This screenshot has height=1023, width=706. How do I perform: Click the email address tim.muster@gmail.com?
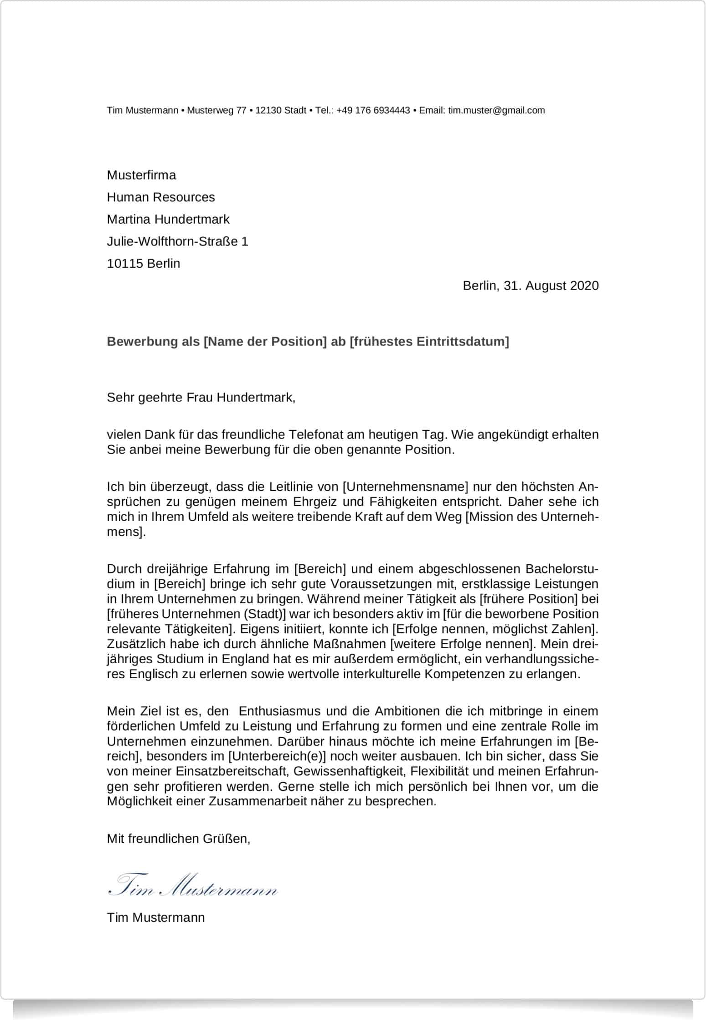tap(496, 110)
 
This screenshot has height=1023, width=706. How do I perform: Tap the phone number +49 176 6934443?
tap(373, 110)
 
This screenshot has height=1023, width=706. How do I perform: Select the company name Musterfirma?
tap(141, 175)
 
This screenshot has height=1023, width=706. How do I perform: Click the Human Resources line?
tap(160, 197)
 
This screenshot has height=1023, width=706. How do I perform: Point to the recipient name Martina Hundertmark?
tap(168, 219)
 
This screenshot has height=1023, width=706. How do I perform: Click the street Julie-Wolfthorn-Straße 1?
tap(177, 241)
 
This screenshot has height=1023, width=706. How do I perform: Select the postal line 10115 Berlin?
tap(144, 263)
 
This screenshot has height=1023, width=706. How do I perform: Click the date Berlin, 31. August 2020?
tap(531, 286)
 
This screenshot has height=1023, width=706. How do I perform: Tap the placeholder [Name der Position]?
tap(265, 341)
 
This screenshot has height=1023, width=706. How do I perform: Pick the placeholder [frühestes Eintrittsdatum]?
tap(429, 341)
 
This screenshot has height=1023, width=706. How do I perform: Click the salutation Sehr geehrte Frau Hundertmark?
tap(201, 398)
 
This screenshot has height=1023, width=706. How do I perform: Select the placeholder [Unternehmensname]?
tap(405, 486)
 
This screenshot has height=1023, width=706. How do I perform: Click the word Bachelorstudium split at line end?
tap(562, 569)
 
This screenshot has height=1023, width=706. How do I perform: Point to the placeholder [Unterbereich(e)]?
tap(277, 756)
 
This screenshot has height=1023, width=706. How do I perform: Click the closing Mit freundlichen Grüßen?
tap(178, 839)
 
